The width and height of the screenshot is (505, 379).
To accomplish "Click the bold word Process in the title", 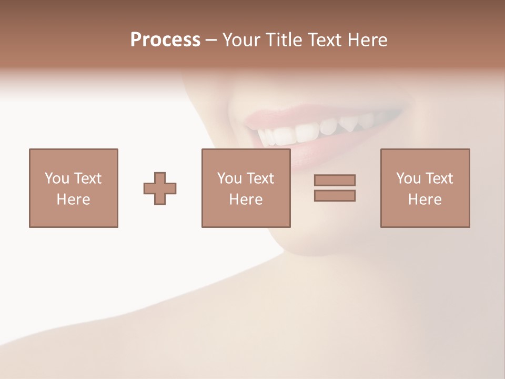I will [165, 40].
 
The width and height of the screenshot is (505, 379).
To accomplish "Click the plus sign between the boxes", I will [160, 188].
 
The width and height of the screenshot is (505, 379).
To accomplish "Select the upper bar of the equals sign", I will [335, 180].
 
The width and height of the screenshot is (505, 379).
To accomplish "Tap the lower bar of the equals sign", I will [335, 195].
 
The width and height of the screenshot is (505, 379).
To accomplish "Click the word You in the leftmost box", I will [57, 178].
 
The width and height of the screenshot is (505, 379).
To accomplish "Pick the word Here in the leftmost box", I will [73, 200].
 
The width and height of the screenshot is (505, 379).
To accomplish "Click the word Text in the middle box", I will [260, 178].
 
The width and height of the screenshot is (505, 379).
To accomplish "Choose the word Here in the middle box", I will [246, 200].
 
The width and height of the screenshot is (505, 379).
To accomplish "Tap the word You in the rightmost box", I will [408, 178].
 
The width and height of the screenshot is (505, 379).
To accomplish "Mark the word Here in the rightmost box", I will [425, 200].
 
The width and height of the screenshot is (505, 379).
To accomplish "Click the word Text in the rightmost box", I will [439, 178].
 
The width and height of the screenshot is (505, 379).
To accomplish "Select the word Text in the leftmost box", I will [87, 178].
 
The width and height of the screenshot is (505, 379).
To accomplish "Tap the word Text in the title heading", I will [325, 40].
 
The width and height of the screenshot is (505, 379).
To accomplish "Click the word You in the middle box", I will [229, 178].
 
